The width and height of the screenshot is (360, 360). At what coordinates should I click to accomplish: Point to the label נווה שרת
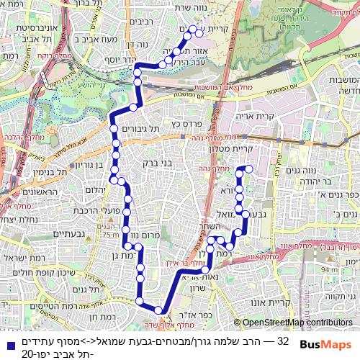tap(181, 9)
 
